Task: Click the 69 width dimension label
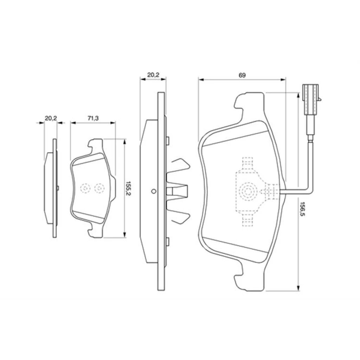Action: (x=242, y=75)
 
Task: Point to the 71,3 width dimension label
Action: (x=93, y=118)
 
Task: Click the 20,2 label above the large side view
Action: (x=153, y=75)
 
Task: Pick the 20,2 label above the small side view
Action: (x=51, y=118)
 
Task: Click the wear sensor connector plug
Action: (x=311, y=99)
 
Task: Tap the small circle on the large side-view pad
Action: (x=154, y=191)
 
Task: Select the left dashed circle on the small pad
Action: (x=85, y=188)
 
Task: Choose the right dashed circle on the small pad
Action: (x=99, y=188)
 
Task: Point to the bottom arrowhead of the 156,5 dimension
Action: (x=298, y=288)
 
